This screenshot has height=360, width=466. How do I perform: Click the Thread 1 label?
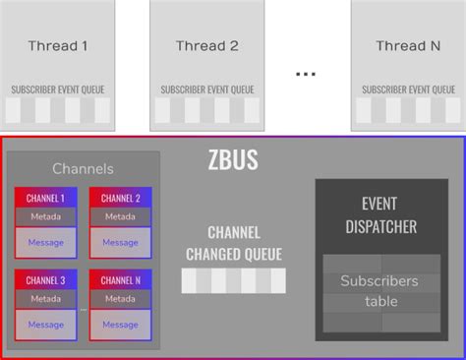[58, 45]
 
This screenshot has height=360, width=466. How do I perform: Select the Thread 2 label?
[206, 45]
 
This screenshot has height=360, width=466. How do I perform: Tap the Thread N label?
[408, 45]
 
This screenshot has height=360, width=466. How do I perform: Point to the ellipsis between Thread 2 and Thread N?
[306, 74]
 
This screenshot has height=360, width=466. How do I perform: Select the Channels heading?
[83, 169]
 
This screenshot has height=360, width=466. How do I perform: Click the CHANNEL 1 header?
[46, 198]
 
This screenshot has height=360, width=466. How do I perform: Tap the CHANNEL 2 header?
[120, 198]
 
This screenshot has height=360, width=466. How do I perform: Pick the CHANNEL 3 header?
[46, 280]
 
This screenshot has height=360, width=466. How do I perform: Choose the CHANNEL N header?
[120, 280]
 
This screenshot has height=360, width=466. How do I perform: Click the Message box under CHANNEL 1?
[46, 242]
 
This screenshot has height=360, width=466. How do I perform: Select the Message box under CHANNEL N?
[120, 325]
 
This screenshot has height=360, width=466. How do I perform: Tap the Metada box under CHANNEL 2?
[120, 216]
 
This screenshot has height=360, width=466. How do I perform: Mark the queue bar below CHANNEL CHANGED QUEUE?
[233, 280]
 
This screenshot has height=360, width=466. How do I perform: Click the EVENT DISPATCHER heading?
[381, 216]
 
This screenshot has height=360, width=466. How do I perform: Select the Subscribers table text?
[380, 291]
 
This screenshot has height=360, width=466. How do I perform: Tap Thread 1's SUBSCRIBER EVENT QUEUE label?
[58, 90]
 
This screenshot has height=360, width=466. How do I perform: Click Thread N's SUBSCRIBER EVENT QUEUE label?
[408, 90]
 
